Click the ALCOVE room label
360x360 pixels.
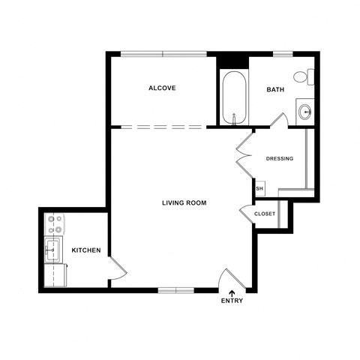[x=162, y=88]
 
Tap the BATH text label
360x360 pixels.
[x=275, y=90]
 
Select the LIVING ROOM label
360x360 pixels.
[x=184, y=203]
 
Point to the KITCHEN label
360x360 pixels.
[x=86, y=250]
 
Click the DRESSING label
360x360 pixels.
[x=280, y=158]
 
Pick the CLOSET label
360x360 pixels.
[x=265, y=214]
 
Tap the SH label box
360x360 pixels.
[x=259, y=188]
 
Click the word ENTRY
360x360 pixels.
[x=232, y=301]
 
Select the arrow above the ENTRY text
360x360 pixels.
[x=232, y=292]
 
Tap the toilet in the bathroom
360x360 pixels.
[x=303, y=76]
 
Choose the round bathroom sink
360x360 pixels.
[x=305, y=112]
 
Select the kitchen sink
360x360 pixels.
[x=53, y=250]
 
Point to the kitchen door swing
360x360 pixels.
[x=117, y=268]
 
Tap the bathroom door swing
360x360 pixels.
[x=279, y=121]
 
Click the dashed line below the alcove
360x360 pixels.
[x=162, y=126]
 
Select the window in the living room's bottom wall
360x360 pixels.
[x=177, y=289]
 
